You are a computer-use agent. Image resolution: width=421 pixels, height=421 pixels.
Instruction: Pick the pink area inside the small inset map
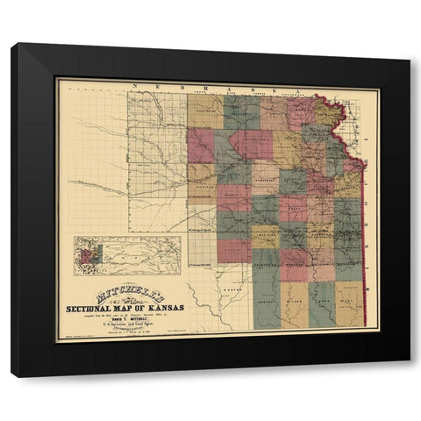[x=87, y=255]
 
